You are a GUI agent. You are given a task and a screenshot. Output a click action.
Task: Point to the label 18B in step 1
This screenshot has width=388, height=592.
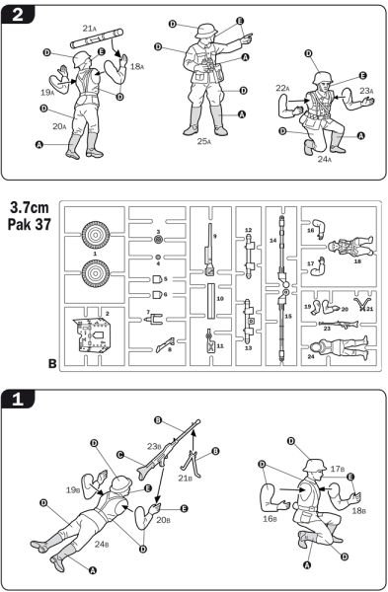coord(359,511)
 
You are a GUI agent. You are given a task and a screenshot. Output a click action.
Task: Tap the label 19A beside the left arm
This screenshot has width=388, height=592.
coord(46,91)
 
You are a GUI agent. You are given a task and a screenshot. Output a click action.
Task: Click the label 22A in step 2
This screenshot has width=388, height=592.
coord(282,89)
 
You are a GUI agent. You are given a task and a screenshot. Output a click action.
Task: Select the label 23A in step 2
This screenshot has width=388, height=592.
coord(366,90)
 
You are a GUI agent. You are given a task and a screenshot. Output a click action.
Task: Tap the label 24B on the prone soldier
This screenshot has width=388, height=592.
coord(102,543)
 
